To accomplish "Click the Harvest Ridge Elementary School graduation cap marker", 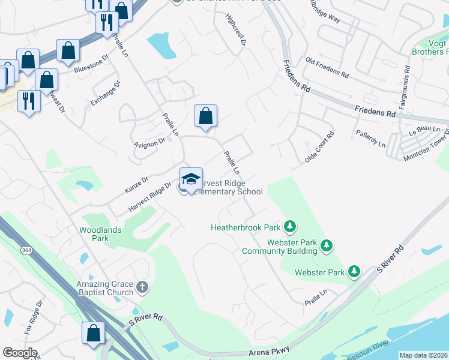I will tap(191, 179).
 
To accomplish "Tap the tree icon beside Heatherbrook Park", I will tap(290, 227).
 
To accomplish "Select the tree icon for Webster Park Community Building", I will tap(327, 245).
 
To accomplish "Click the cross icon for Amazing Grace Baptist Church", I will tap(142, 287).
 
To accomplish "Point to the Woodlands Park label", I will tap(100, 234).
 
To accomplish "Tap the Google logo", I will tap(19, 352).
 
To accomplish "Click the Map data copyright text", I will tap(423, 355).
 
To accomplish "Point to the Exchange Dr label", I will tap(106, 93).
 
